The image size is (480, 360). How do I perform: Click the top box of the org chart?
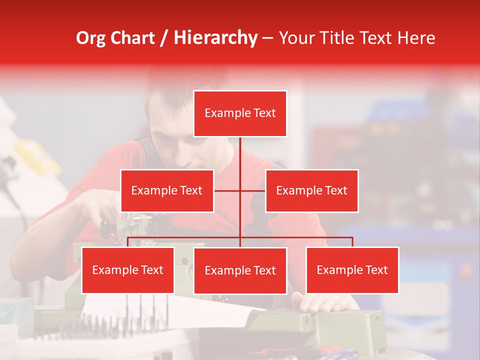pyautogui.click(x=240, y=113)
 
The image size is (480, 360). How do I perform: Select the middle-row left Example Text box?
pyautogui.click(x=167, y=190)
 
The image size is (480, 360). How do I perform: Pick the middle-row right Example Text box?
pyautogui.click(x=311, y=190)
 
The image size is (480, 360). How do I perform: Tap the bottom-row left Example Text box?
pyautogui.click(x=128, y=270)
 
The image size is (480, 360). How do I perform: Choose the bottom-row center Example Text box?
pyautogui.click(x=240, y=270)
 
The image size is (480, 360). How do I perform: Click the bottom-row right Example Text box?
pyautogui.click(x=352, y=270)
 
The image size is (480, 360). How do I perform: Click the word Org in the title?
pyautogui.click(x=90, y=38)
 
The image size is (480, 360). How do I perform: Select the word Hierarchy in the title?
pyautogui.click(x=215, y=38)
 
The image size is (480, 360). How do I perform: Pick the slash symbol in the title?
pyautogui.click(x=164, y=38)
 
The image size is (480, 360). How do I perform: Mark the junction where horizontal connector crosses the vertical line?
pyautogui.click(x=240, y=190)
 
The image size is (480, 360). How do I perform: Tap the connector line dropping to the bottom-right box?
pyautogui.click(x=352, y=242)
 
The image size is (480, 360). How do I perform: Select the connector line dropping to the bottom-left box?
pyautogui.click(x=128, y=242)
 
